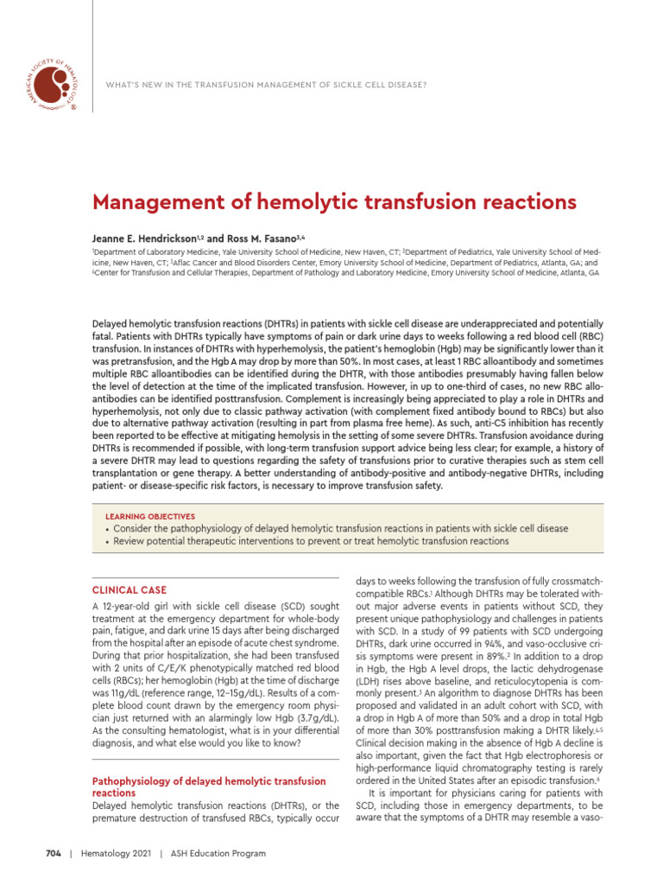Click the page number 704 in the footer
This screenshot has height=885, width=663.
[x=54, y=853]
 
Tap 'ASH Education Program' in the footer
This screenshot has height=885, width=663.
[x=218, y=853]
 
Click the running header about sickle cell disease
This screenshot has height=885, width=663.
[x=265, y=85]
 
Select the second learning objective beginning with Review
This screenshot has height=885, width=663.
[x=311, y=541]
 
